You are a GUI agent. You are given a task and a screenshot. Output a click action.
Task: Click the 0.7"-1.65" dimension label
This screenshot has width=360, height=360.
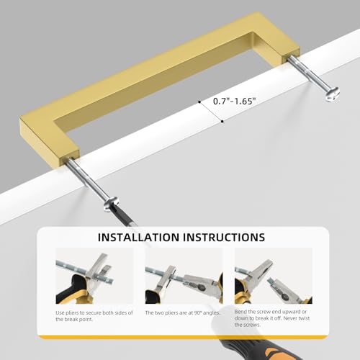[235, 101]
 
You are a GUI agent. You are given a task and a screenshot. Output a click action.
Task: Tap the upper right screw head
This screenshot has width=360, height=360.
[333, 94]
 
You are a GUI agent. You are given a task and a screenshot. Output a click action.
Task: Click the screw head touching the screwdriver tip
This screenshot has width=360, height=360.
[111, 204]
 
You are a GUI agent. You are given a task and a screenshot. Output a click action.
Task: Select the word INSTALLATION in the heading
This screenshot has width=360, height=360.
[138, 237]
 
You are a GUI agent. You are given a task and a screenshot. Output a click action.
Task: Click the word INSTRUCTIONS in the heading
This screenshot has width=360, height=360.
[224, 237]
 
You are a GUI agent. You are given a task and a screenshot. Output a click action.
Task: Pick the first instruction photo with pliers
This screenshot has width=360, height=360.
[94, 276]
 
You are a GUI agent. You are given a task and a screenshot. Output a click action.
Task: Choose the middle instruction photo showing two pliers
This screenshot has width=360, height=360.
[184, 276]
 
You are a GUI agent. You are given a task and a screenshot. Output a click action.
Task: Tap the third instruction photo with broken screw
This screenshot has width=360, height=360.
[274, 276]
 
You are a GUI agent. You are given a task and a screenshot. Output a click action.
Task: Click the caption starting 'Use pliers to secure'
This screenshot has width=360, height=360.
[94, 316]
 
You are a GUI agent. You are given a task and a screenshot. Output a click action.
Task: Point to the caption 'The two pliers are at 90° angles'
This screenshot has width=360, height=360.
[182, 312]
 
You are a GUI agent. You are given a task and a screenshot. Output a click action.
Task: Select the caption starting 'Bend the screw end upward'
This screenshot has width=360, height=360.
[272, 318]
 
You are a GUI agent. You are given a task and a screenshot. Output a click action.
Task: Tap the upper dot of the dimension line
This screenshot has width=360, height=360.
[199, 102]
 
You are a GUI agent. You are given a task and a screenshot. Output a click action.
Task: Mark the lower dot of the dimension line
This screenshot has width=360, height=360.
[222, 122]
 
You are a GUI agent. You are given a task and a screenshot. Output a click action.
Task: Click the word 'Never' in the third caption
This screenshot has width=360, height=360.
[290, 318]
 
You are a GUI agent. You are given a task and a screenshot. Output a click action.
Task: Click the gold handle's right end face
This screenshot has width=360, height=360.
[291, 55]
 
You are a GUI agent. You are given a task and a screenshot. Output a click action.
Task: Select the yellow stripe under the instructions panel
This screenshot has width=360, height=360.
[184, 337]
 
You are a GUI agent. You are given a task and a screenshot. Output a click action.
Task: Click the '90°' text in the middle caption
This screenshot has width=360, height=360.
[197, 312]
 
